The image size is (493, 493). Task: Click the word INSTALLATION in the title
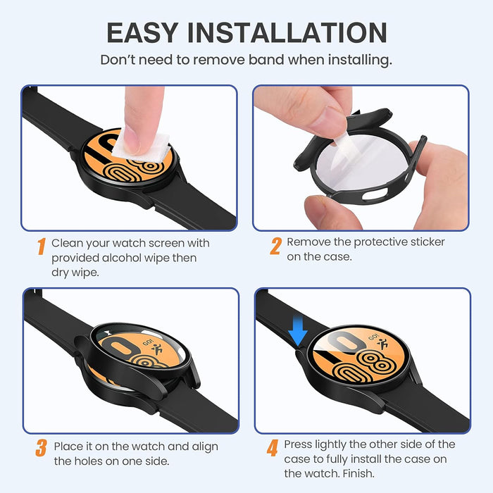pyautogui.click(x=292, y=32)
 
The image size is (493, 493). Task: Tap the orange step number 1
pyautogui.click(x=42, y=246)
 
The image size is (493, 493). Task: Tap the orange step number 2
pyautogui.click(x=275, y=246)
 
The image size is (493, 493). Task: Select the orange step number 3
pyautogui.click(x=42, y=448)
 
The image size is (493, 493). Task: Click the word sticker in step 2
pyautogui.click(x=425, y=242)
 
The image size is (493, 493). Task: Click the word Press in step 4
pyautogui.click(x=299, y=444)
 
